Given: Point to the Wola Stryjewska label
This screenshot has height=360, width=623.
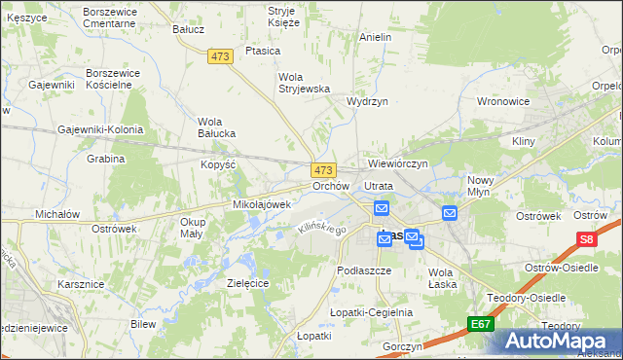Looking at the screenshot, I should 305,83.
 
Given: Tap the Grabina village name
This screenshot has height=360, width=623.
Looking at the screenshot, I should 106,159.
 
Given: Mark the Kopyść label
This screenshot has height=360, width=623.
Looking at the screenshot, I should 219,164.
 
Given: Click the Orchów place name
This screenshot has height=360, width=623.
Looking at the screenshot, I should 330,185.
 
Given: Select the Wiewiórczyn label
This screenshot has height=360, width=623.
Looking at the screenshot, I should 398,163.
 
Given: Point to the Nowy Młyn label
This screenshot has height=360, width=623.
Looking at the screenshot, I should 481,186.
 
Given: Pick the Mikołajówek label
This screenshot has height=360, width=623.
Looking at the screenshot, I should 262,204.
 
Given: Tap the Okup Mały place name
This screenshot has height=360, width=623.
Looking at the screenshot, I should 192,228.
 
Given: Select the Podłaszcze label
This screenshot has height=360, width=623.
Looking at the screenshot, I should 363,270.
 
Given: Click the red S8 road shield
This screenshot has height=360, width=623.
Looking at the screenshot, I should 585,238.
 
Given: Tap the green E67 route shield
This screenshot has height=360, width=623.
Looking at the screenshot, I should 479,323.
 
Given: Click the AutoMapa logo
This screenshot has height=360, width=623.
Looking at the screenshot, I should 552,341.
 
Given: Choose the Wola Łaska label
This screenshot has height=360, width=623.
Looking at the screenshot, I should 442,277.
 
